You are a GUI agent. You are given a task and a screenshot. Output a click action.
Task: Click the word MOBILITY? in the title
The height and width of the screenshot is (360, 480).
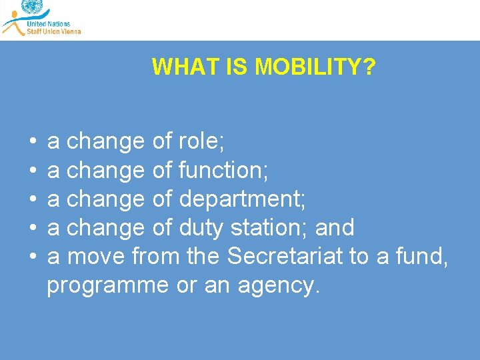[315, 67]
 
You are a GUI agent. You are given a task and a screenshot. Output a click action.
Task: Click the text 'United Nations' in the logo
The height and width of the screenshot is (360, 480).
[48, 23]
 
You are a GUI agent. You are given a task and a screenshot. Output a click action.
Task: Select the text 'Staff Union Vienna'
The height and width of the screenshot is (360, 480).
[53, 31]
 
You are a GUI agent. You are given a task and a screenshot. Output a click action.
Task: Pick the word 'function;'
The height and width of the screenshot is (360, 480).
[223, 171]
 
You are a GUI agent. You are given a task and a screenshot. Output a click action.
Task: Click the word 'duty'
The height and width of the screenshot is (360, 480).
[201, 228]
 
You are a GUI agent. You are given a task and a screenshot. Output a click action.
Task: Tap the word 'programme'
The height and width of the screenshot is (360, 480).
[108, 286]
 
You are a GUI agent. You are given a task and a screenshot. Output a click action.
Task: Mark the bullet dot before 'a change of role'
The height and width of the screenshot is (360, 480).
[33, 142]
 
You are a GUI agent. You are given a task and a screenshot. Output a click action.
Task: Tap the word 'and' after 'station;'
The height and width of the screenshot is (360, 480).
[335, 228]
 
